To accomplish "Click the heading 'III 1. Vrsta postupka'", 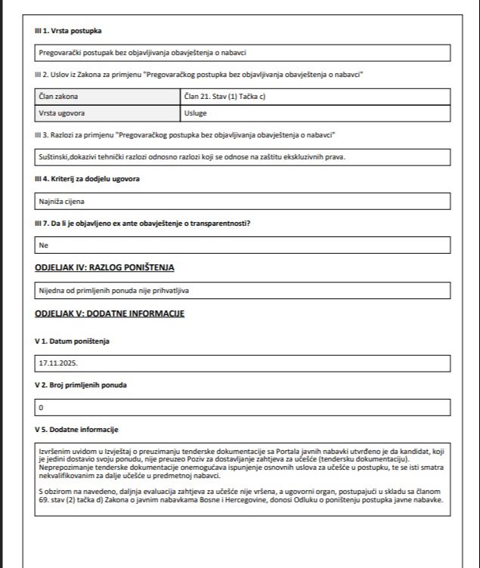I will (x=68, y=30).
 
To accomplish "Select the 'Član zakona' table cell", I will (x=58, y=97).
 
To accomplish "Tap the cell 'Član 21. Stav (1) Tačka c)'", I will (x=225, y=97).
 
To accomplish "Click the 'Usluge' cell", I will (x=196, y=113).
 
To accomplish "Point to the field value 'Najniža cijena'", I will (x=62, y=202).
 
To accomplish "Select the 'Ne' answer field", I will (x=43, y=245).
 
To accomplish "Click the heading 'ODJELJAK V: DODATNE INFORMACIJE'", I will (x=110, y=313).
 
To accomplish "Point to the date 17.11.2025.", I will (x=57, y=363).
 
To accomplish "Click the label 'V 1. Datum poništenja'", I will (x=72, y=341).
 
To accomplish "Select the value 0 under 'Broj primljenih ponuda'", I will (x=42, y=408).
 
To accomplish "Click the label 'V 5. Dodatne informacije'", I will (x=76, y=429).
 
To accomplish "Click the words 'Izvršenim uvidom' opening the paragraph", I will (x=65, y=451).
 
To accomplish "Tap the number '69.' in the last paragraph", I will (x=45, y=500).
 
